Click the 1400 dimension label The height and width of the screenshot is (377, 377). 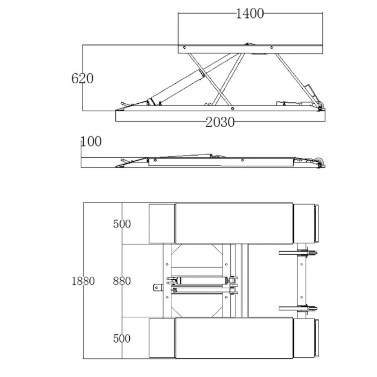[x=250, y=14]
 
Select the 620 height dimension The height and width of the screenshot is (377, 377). [x=82, y=78]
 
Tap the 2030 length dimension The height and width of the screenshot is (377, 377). [x=220, y=122]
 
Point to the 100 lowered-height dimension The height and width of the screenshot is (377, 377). [x=91, y=141]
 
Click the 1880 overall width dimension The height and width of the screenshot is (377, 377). [x=83, y=281]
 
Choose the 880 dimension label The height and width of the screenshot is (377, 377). [x=122, y=281]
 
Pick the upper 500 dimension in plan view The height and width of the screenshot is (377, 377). [x=122, y=224]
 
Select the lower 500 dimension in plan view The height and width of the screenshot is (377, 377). [x=122, y=338]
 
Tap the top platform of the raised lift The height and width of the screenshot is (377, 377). [x=250, y=49]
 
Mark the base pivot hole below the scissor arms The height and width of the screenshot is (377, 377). [x=233, y=109]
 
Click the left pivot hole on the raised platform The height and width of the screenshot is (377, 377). [x=184, y=48]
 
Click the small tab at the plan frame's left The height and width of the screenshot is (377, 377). [x=157, y=288]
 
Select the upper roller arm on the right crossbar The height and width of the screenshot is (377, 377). [x=298, y=253]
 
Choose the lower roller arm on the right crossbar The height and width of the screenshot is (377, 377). [x=298, y=308]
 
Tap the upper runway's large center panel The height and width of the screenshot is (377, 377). [x=234, y=223]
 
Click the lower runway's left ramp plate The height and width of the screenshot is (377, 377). [x=162, y=338]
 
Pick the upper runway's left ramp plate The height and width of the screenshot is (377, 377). [x=162, y=224]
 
